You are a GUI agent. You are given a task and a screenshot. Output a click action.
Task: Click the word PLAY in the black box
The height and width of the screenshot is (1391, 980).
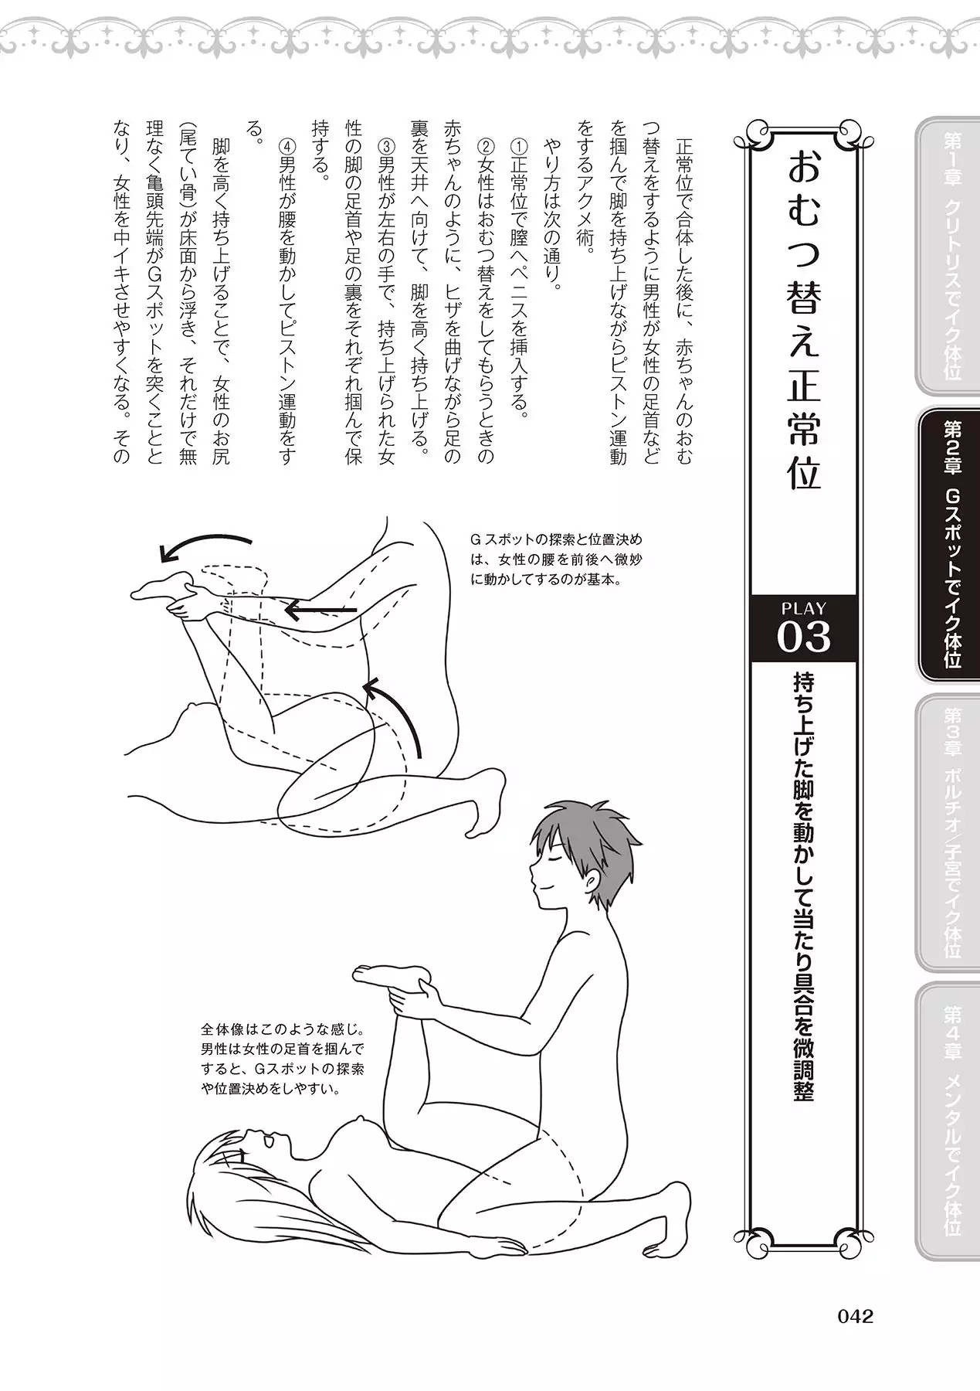pos(804,608)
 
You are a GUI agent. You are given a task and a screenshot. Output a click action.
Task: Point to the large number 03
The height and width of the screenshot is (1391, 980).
pos(804,637)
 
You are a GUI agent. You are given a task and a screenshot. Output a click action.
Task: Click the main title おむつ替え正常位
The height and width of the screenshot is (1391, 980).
pos(803,321)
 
